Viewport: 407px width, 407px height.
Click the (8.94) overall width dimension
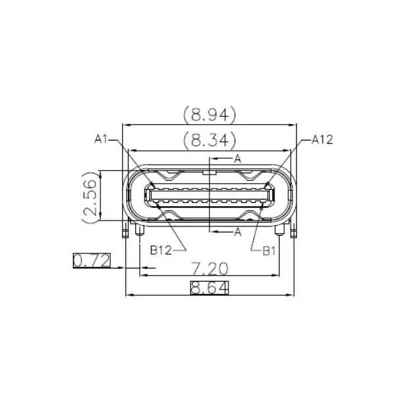(209, 116)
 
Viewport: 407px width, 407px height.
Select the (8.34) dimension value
(209, 140)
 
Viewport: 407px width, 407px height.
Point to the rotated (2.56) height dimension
(90, 196)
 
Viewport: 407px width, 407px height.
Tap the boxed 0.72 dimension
(91, 261)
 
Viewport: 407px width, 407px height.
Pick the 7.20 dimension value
(209, 268)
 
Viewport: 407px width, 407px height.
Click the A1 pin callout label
(100, 139)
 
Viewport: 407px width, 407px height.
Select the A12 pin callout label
(322, 139)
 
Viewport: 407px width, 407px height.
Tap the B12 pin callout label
(161, 249)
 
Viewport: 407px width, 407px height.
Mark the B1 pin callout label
(270, 249)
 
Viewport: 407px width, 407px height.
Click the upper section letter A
(238, 158)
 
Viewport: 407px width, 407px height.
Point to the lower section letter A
(238, 232)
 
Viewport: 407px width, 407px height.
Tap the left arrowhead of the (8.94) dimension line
(127, 125)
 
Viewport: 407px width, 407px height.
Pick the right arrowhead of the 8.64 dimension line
(291, 295)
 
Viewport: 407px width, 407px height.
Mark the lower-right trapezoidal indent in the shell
(251, 216)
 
